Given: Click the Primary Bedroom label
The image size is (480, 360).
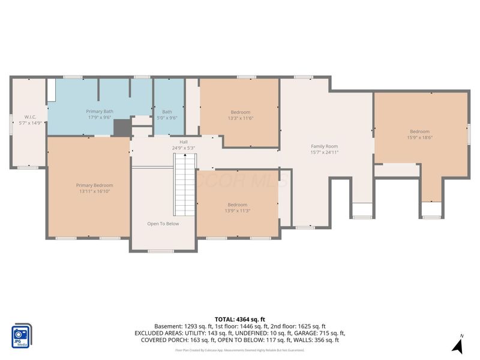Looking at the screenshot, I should [x=94, y=185].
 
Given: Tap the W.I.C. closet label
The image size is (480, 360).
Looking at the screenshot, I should [x=31, y=116].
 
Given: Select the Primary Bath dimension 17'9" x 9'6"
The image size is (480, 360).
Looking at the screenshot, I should [x=100, y=118].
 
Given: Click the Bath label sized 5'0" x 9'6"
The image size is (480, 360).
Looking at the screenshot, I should [x=167, y=112].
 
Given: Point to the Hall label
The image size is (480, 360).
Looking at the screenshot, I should [x=175, y=142].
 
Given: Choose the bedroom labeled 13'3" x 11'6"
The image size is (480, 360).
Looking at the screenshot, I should [x=240, y=112].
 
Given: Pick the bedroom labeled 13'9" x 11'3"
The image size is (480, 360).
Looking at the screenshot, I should [x=237, y=205].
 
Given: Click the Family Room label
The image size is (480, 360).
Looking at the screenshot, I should [x=324, y=146].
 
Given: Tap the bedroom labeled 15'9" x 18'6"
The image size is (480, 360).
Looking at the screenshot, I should [x=419, y=132].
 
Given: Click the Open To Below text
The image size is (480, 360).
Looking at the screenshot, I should [x=163, y=224].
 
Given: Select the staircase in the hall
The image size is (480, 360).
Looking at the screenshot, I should [x=185, y=184].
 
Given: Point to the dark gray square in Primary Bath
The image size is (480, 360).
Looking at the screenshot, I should [x=122, y=127].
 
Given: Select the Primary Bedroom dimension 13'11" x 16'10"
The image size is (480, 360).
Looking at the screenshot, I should [x=94, y=192].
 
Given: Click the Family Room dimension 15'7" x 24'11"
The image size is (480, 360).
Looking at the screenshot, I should [x=324, y=152].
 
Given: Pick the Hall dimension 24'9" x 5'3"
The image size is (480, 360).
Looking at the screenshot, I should [x=184, y=148].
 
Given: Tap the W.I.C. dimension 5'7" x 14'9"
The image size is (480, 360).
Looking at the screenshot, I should [x=31, y=123].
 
